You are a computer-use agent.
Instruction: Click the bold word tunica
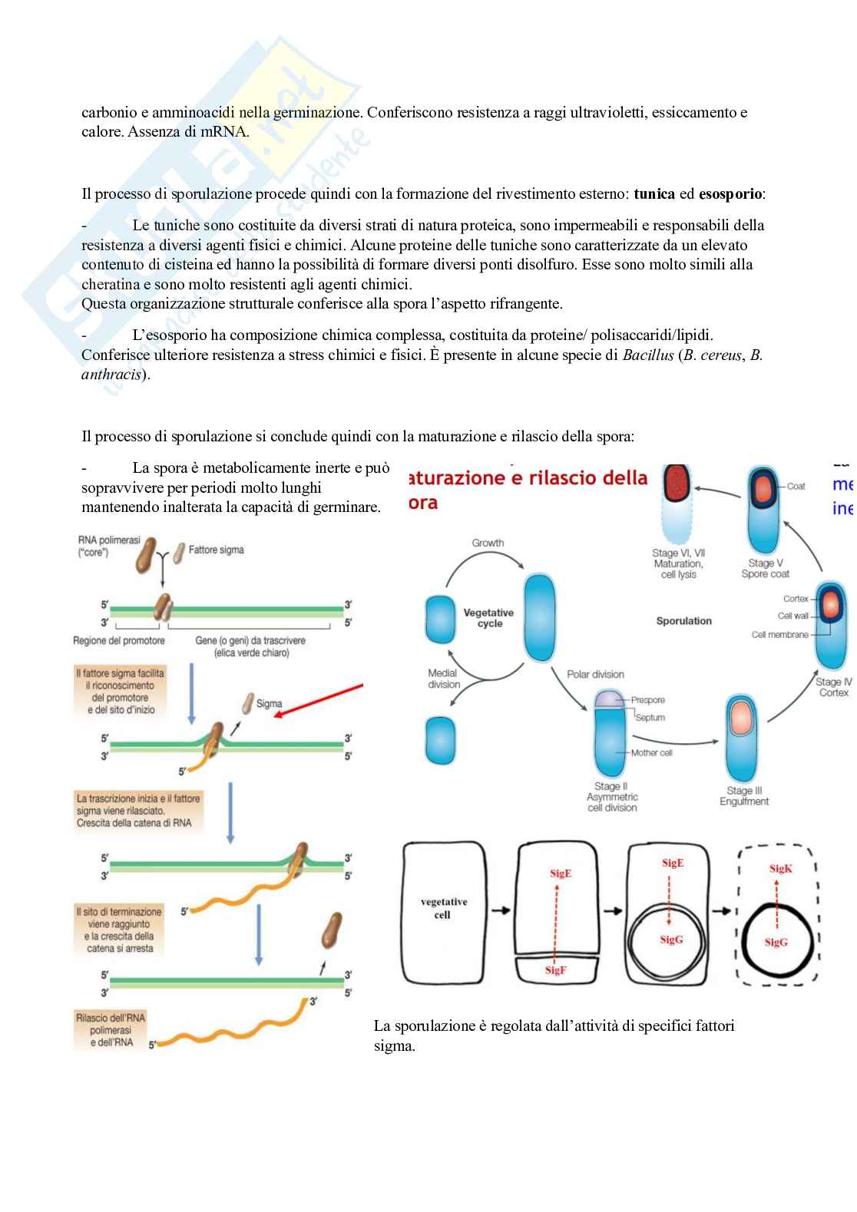pos(654,193)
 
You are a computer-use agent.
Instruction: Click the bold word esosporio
pos(730,193)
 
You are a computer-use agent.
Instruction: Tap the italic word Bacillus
pos(648,355)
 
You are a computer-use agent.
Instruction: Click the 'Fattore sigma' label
pos(216,550)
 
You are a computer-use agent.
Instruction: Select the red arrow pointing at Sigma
pos(319,700)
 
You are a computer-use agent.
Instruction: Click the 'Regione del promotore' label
pos(119,640)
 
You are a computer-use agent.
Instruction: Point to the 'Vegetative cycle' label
pos(488,618)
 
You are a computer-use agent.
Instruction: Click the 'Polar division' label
pos(595,674)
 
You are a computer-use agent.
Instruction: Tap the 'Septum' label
pos(650,718)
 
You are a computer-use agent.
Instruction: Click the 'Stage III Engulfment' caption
pos(743,796)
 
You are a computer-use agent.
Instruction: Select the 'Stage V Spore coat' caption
pos(765,568)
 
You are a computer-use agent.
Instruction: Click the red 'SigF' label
pos(555,970)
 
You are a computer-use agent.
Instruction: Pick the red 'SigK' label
pos(780,869)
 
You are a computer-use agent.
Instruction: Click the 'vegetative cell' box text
pos(443,908)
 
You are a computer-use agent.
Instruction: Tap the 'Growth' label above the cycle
pos(488,543)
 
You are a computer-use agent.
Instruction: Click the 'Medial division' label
pos(443,679)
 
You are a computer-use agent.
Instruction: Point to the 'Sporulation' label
pos(683,621)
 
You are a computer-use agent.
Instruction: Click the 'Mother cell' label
pos(651,753)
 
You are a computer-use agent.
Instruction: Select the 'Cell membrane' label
pos(779,635)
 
